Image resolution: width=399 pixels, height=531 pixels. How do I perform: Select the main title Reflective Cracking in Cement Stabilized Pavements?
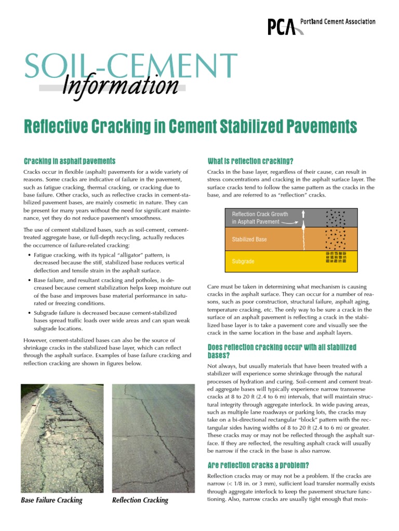(191, 126)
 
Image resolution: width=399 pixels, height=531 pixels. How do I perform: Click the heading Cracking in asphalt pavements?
(69, 161)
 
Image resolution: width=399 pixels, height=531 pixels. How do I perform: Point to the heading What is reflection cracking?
(250, 161)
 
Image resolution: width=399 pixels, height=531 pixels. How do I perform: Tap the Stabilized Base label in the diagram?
(249, 240)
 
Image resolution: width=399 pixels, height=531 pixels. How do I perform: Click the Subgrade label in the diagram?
(243, 262)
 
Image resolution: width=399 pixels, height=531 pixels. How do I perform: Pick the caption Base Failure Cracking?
(51, 500)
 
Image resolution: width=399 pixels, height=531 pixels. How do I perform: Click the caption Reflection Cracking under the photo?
(140, 500)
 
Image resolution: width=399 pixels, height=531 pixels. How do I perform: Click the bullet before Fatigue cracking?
(28, 256)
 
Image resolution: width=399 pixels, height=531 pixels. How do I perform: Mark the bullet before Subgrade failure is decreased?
(28, 313)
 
